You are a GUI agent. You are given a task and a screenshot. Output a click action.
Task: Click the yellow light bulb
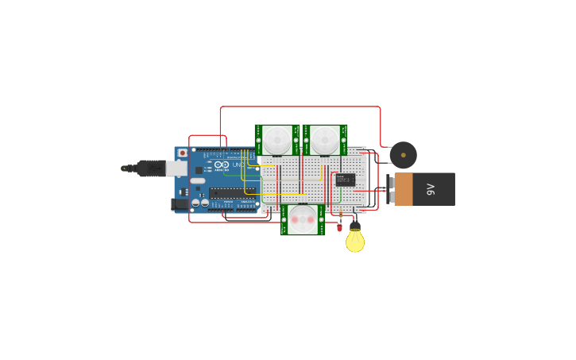click(x=355, y=242)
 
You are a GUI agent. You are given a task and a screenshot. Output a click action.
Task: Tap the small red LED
click(x=339, y=228)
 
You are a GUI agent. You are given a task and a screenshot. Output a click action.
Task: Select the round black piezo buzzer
click(x=403, y=155)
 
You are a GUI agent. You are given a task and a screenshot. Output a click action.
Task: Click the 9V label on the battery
click(x=431, y=189)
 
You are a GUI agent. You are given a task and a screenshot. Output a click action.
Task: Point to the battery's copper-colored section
click(x=404, y=189)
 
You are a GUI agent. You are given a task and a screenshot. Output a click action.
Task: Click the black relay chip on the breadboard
click(x=345, y=180)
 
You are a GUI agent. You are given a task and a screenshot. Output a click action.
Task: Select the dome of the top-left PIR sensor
click(x=277, y=140)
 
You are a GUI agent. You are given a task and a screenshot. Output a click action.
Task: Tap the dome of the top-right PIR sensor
click(x=325, y=140)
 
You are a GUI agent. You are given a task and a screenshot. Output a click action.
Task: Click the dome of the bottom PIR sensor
click(x=303, y=219)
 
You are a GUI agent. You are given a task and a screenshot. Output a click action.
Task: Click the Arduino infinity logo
click(x=222, y=165)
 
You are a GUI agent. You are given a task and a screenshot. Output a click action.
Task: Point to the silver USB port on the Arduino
click(x=176, y=168)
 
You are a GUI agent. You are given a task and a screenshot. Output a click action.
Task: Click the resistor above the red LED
click(x=340, y=216)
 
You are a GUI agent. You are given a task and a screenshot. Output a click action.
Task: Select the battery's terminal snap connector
click(x=389, y=189)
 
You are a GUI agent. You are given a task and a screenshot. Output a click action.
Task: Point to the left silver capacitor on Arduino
click(x=195, y=203)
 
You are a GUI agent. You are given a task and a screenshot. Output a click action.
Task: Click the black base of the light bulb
click(x=355, y=226)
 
